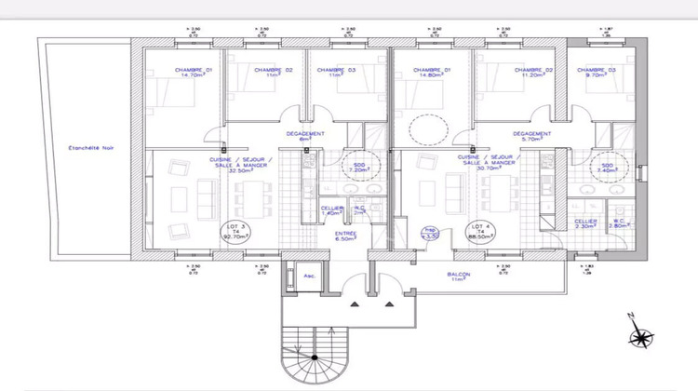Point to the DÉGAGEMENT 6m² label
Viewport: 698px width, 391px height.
click(x=304, y=137)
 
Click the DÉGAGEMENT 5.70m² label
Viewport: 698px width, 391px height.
click(x=531, y=137)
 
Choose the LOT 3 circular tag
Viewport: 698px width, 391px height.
click(x=234, y=232)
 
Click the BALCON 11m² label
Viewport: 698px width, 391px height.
click(x=458, y=277)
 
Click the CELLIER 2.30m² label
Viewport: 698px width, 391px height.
click(x=584, y=223)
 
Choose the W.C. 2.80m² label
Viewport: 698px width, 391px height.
click(x=618, y=222)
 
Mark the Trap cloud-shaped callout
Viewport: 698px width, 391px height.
click(x=430, y=234)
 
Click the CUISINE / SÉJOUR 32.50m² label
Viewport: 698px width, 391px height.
click(x=241, y=164)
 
